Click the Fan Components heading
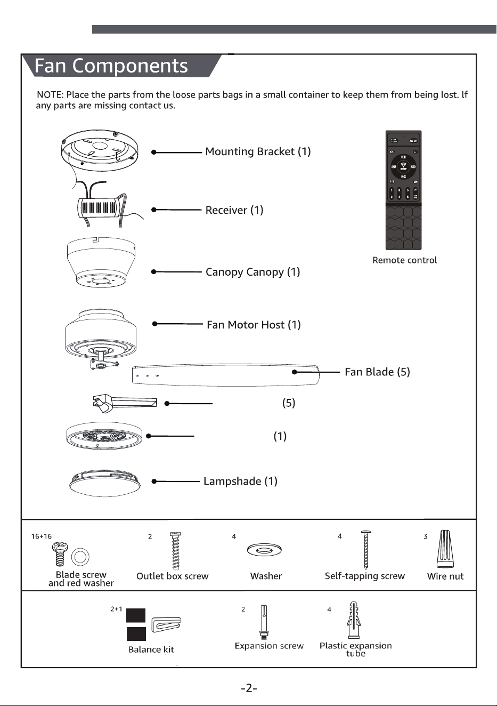[x=111, y=66]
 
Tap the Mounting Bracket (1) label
[x=258, y=151]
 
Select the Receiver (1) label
[x=234, y=210]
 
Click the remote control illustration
[x=403, y=190]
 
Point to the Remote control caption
[x=404, y=260]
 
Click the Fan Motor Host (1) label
[x=254, y=325]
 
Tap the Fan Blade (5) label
[x=377, y=372]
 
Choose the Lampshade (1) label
[x=240, y=482]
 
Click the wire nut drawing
[x=445, y=549]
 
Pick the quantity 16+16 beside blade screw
[x=41, y=536]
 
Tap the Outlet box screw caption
[x=172, y=576]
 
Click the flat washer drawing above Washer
[x=264, y=550]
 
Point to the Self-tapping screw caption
[x=365, y=576]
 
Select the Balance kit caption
[x=151, y=649]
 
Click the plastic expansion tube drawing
[x=354, y=620]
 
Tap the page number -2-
[x=249, y=688]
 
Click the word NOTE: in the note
[x=51, y=94]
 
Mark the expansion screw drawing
[x=264, y=622]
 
